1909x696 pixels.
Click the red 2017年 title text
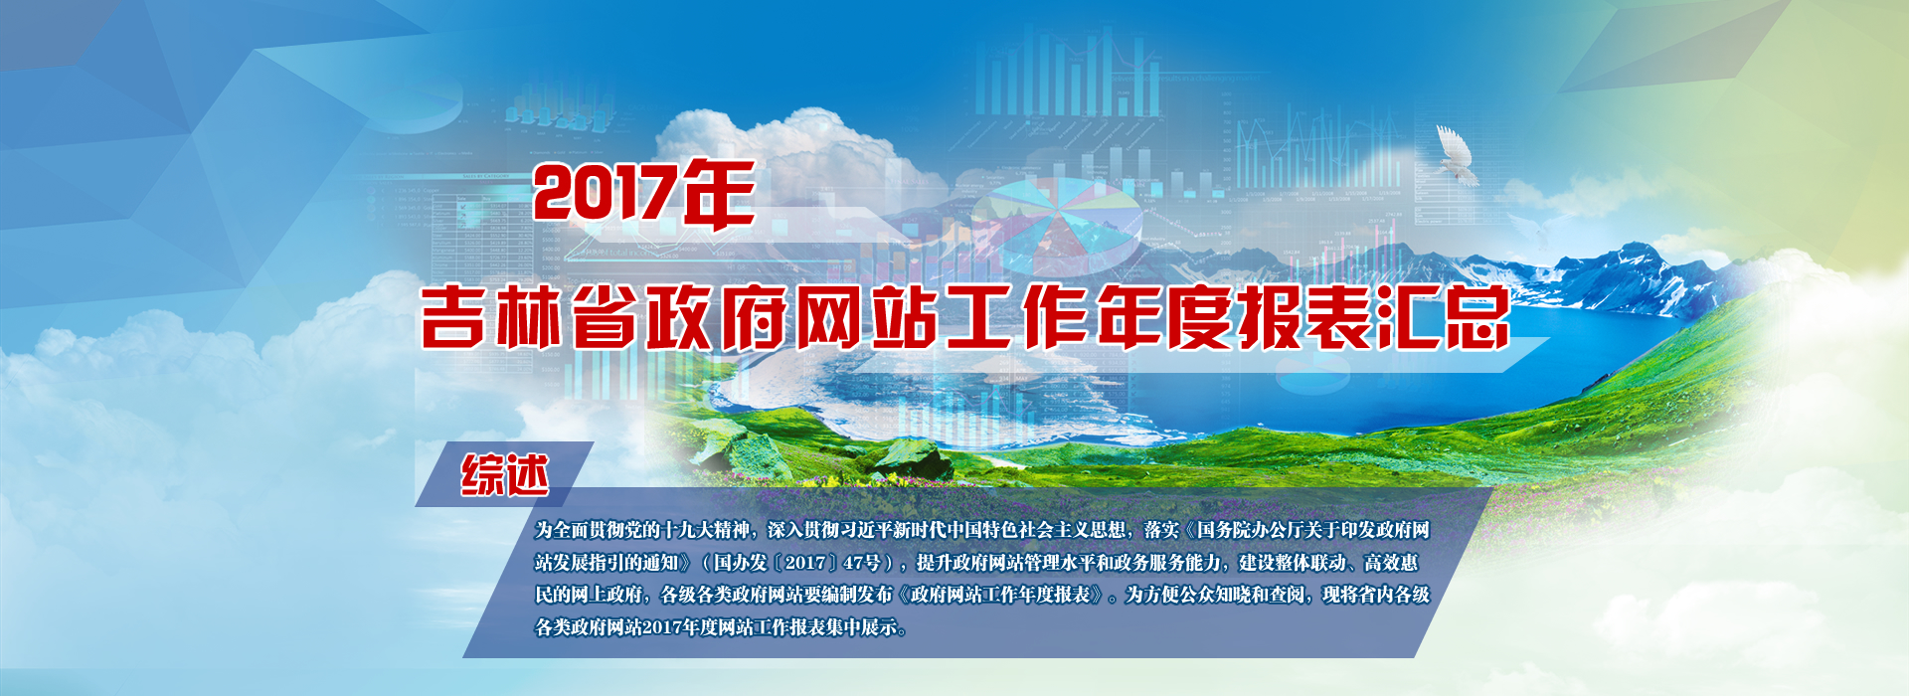(644, 194)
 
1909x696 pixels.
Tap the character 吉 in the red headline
(452, 317)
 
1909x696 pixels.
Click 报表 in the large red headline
(1302, 317)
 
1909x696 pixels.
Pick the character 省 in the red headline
(604, 317)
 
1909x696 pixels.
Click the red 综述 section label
(504, 475)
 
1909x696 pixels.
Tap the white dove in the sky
(1456, 157)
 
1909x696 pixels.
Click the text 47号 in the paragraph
(861, 563)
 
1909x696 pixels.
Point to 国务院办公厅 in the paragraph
(1250, 531)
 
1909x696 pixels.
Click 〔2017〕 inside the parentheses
(805, 563)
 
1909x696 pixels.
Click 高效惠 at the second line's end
(1391, 563)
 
